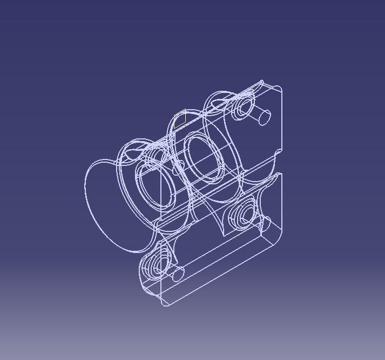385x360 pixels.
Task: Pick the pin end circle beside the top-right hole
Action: coord(265,116)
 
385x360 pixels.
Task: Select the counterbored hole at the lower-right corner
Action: coord(241,216)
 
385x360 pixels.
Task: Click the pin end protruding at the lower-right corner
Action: coord(265,222)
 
